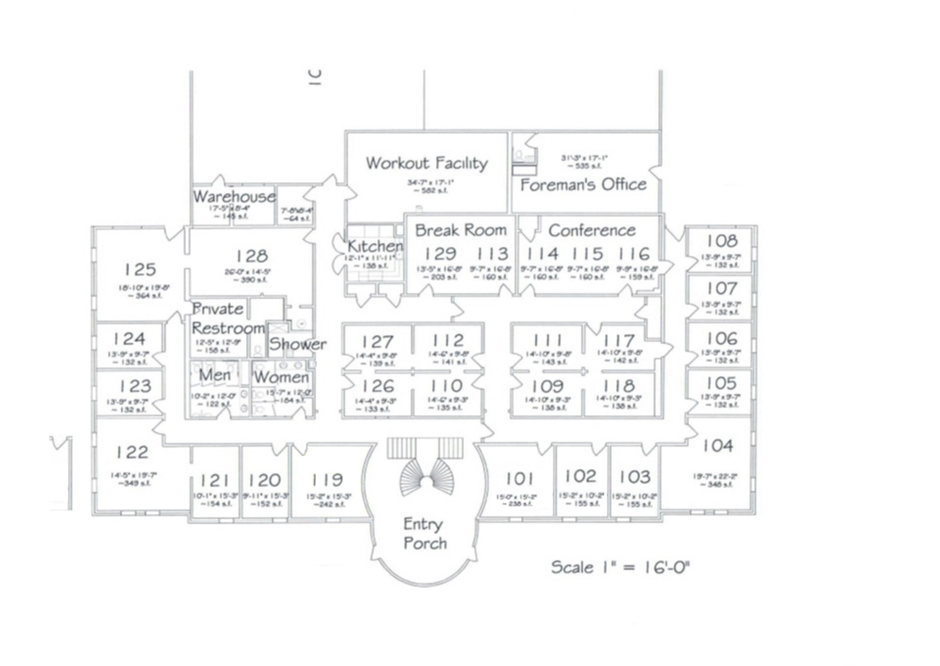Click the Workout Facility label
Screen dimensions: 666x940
(426, 163)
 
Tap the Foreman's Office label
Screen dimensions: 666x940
(583, 185)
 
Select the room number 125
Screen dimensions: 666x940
(140, 269)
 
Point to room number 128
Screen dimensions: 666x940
(252, 256)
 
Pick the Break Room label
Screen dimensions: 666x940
(460, 230)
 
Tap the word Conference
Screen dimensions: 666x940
(592, 230)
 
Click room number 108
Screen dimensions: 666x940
(722, 241)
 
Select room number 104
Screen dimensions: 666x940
(717, 446)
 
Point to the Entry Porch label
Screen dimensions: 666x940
(424, 533)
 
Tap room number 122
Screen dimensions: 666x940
(132, 453)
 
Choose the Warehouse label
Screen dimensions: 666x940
(234, 197)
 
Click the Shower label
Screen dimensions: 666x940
(297, 344)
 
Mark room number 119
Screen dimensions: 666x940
(327, 480)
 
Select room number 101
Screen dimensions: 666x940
(519, 479)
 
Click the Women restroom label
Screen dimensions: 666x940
(281, 377)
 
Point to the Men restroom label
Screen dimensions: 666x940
(214, 375)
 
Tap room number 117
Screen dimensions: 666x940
(619, 341)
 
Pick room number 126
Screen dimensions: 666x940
(378, 386)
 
